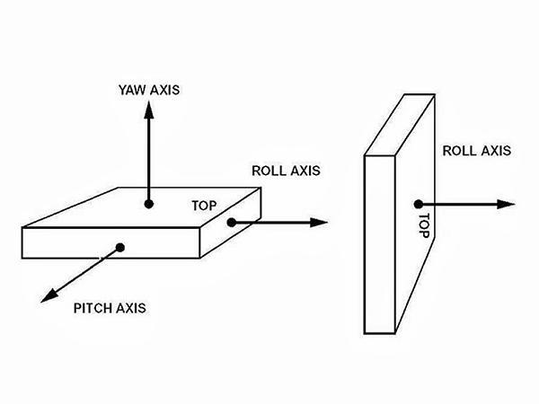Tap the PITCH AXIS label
click(x=109, y=308)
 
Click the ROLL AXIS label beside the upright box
click(x=476, y=151)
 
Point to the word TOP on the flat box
click(x=205, y=204)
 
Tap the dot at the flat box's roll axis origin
click(x=231, y=222)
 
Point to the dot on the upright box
click(x=418, y=204)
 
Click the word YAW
click(x=132, y=90)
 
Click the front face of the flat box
click(x=108, y=242)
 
